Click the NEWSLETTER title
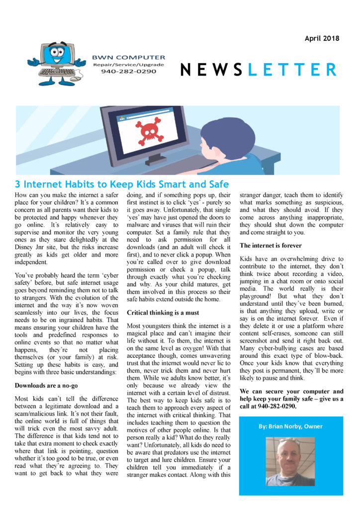(258, 70)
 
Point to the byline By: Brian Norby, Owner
(290, 426)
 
